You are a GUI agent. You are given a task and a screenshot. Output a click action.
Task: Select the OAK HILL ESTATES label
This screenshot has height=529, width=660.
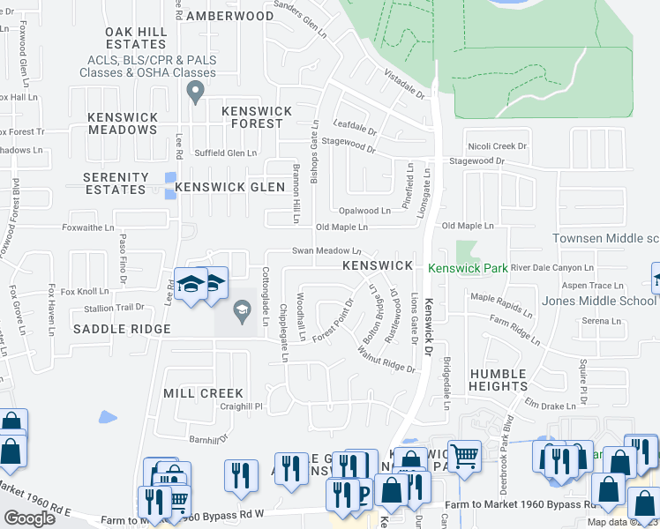tap(136, 38)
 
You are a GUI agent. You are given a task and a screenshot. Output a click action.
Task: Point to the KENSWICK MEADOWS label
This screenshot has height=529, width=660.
tap(123, 123)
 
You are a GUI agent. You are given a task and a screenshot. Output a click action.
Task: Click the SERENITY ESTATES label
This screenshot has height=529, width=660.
tap(115, 183)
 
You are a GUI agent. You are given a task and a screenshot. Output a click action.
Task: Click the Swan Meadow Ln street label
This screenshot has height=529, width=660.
tap(327, 250)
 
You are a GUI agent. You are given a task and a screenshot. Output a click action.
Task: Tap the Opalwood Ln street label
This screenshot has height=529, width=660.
tap(364, 212)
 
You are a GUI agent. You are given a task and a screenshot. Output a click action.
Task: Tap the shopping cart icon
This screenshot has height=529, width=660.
tap(464, 455)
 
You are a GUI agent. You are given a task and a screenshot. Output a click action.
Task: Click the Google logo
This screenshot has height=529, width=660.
tap(30, 518)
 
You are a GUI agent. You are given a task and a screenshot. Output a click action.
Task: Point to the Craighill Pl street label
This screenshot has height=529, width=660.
tap(242, 406)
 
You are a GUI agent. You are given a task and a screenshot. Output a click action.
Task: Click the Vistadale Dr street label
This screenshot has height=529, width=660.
tap(404, 86)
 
